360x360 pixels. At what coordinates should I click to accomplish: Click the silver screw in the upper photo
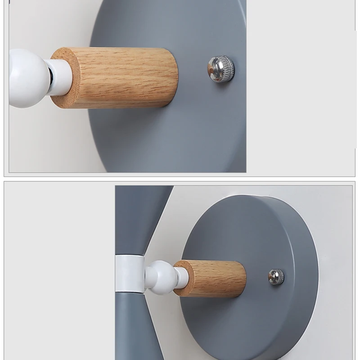click(x=220, y=69)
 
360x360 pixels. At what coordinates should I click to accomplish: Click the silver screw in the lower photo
click(x=276, y=276)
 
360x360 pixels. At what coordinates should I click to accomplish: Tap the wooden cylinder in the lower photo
click(x=216, y=278)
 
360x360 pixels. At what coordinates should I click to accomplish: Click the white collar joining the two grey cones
click(x=130, y=274)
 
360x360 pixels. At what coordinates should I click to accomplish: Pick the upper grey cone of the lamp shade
click(x=139, y=216)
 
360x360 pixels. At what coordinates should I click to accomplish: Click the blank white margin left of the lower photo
click(x=58, y=270)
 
